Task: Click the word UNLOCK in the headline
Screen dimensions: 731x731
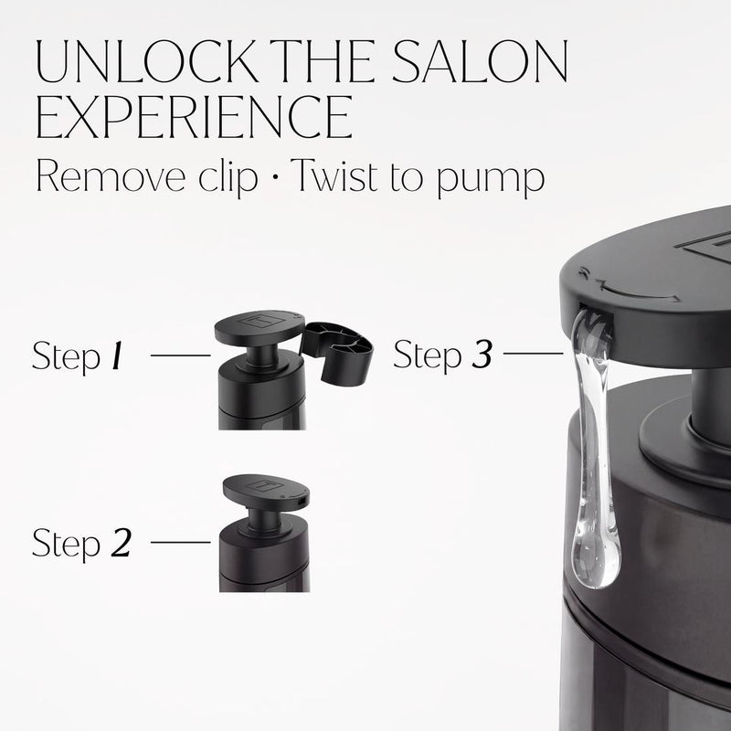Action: (146, 61)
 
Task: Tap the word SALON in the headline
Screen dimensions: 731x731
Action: (480, 61)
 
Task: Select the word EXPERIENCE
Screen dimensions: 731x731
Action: (194, 117)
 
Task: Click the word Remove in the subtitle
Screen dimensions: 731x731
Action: (111, 176)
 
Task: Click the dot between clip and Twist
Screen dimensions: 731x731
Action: (275, 177)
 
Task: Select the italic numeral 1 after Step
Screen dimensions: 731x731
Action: (118, 355)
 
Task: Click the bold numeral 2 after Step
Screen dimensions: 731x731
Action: (121, 543)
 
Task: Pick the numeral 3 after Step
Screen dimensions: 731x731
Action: (482, 355)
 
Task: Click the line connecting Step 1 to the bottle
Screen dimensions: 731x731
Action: (180, 355)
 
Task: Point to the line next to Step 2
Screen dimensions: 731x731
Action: (180, 542)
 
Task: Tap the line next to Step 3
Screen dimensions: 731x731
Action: (533, 354)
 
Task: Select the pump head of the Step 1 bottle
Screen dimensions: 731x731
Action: (260, 327)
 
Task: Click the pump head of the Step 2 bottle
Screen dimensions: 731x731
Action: (266, 493)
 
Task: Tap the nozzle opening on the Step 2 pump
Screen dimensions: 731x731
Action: (301, 502)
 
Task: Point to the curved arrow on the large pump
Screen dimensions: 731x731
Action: (639, 293)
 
